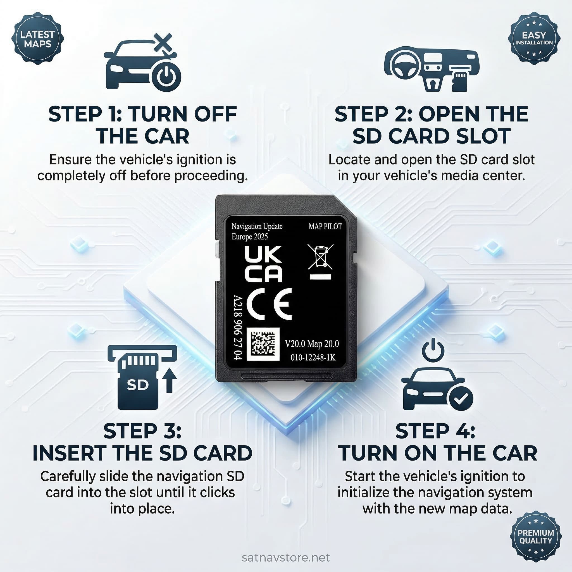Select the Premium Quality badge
pos(536,537)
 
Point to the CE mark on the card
pos(269,304)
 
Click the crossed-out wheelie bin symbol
pos(320,257)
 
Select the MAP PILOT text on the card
pos(325,227)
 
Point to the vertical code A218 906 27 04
pos(238,327)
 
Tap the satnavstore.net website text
pos(286,558)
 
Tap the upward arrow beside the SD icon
pos(170,380)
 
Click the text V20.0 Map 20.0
pos(312,344)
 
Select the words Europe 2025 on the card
pos(250,237)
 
